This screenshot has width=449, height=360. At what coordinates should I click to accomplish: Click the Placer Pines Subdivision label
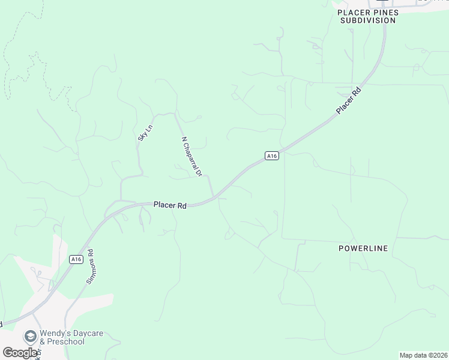point(368,16)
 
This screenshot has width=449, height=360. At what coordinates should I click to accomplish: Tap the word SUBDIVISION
point(368,20)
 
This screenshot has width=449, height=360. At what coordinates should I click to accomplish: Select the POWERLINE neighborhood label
point(363,248)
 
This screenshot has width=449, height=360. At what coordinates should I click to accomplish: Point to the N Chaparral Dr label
point(192,157)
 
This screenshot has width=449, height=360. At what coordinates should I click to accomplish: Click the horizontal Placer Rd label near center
point(170,205)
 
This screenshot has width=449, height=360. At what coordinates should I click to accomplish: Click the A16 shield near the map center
point(272,156)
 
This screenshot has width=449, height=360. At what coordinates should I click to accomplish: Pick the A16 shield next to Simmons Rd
point(75,259)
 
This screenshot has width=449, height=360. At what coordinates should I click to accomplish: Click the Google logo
point(19,353)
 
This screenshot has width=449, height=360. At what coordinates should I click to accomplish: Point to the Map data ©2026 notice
point(423,355)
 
